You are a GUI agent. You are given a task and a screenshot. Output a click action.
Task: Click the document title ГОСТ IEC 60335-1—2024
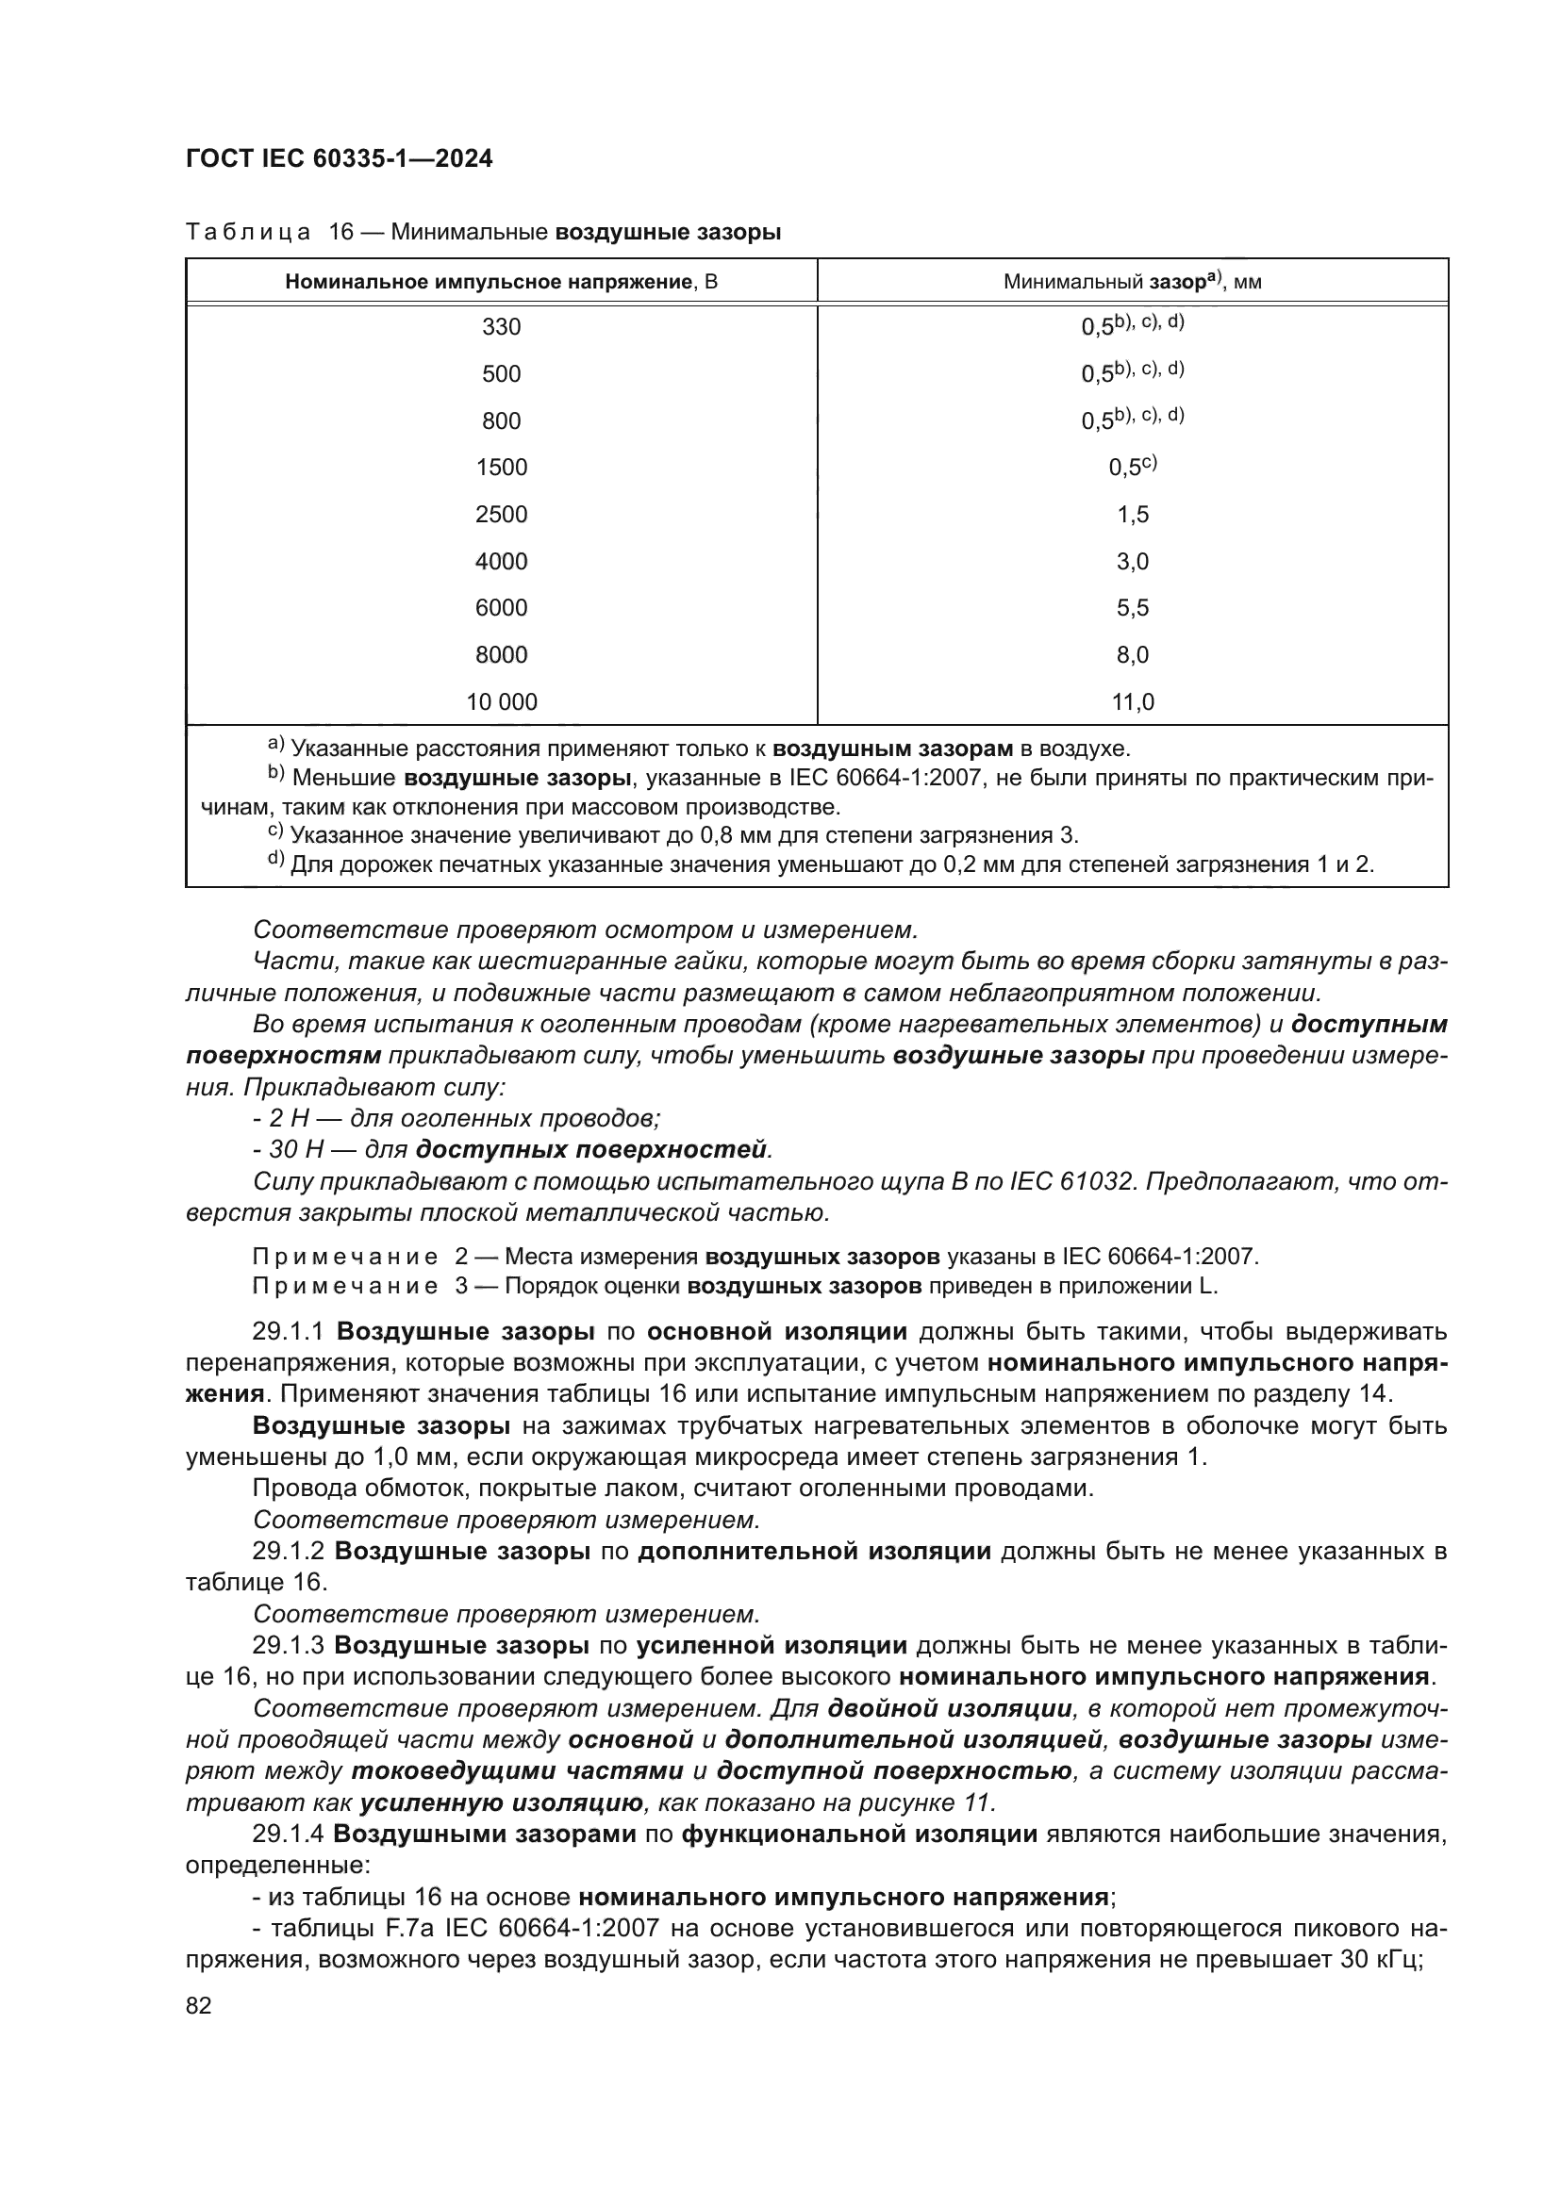(340, 159)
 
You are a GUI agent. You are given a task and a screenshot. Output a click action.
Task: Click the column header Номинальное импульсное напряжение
(501, 283)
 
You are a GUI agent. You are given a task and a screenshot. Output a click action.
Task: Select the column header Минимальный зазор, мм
(1132, 283)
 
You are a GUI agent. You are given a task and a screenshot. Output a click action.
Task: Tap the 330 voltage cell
(501, 327)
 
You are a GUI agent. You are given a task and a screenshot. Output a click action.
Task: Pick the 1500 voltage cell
(501, 468)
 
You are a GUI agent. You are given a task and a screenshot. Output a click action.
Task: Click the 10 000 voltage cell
(501, 702)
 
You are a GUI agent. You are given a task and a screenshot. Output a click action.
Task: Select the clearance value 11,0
(1133, 702)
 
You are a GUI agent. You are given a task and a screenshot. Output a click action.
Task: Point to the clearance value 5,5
(1133, 608)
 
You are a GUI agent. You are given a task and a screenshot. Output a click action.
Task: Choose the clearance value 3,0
(1133, 562)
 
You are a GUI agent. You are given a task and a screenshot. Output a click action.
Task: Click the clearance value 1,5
(1133, 515)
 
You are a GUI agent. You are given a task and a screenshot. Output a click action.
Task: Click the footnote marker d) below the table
(275, 859)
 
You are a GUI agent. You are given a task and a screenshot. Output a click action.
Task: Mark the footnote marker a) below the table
(275, 743)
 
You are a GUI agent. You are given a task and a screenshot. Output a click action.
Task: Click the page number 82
(199, 2005)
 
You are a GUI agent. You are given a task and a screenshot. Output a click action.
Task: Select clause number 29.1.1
(290, 1332)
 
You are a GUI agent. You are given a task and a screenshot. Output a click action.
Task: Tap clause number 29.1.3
(290, 1645)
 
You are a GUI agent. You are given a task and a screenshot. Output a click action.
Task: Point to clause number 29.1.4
(290, 1834)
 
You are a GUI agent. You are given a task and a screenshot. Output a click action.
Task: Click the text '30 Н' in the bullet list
(291, 1149)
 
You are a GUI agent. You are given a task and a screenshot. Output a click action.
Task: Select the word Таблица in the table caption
(248, 233)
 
